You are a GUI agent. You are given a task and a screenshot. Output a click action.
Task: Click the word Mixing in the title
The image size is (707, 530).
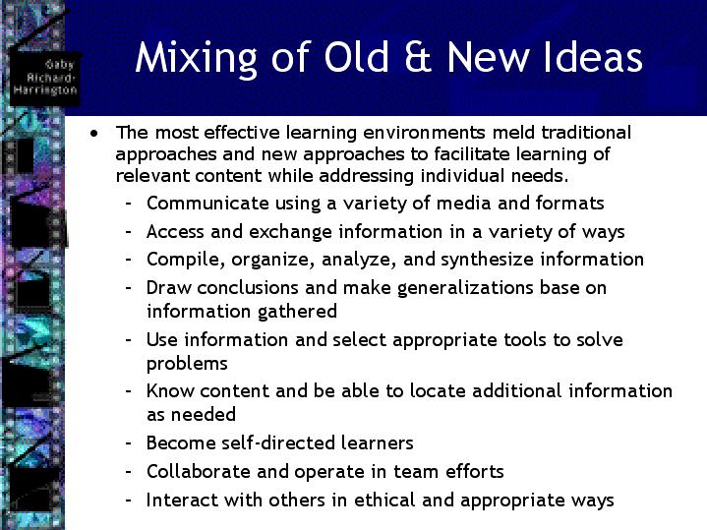(x=196, y=58)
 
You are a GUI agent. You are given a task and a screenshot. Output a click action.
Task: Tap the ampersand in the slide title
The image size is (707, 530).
(x=418, y=57)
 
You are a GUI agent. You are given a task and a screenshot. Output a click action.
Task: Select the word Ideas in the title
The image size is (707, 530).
(x=593, y=57)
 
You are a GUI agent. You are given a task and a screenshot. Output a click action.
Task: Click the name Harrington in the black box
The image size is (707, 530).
(x=45, y=89)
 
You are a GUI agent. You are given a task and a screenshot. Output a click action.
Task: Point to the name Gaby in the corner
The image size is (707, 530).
(x=59, y=65)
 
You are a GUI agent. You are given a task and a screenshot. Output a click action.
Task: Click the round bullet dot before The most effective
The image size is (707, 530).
(x=93, y=133)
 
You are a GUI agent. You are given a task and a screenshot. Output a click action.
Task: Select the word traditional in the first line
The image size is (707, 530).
(x=586, y=132)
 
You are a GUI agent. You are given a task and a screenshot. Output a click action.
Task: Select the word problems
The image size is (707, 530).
(x=187, y=364)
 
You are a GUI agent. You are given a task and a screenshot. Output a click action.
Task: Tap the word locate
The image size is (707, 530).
(x=438, y=390)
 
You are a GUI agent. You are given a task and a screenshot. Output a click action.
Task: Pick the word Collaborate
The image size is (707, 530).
(x=199, y=471)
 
